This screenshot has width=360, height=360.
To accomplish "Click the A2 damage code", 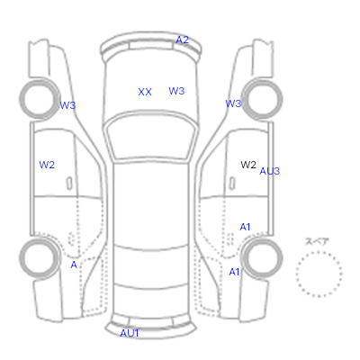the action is (182, 40).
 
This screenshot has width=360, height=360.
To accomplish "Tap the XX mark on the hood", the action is (145, 92).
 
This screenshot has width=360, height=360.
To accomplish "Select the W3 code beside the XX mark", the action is (176, 91).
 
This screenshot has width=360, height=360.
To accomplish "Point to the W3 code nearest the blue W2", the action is (67, 105).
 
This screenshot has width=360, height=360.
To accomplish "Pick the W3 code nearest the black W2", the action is (233, 103).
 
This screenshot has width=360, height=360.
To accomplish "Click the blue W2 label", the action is (47, 165).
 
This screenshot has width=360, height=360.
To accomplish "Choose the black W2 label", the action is (248, 165).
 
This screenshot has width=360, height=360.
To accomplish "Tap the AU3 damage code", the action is (270, 171).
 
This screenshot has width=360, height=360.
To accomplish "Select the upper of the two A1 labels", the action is (245, 227).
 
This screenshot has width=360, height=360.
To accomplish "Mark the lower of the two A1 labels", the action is (234, 272).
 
